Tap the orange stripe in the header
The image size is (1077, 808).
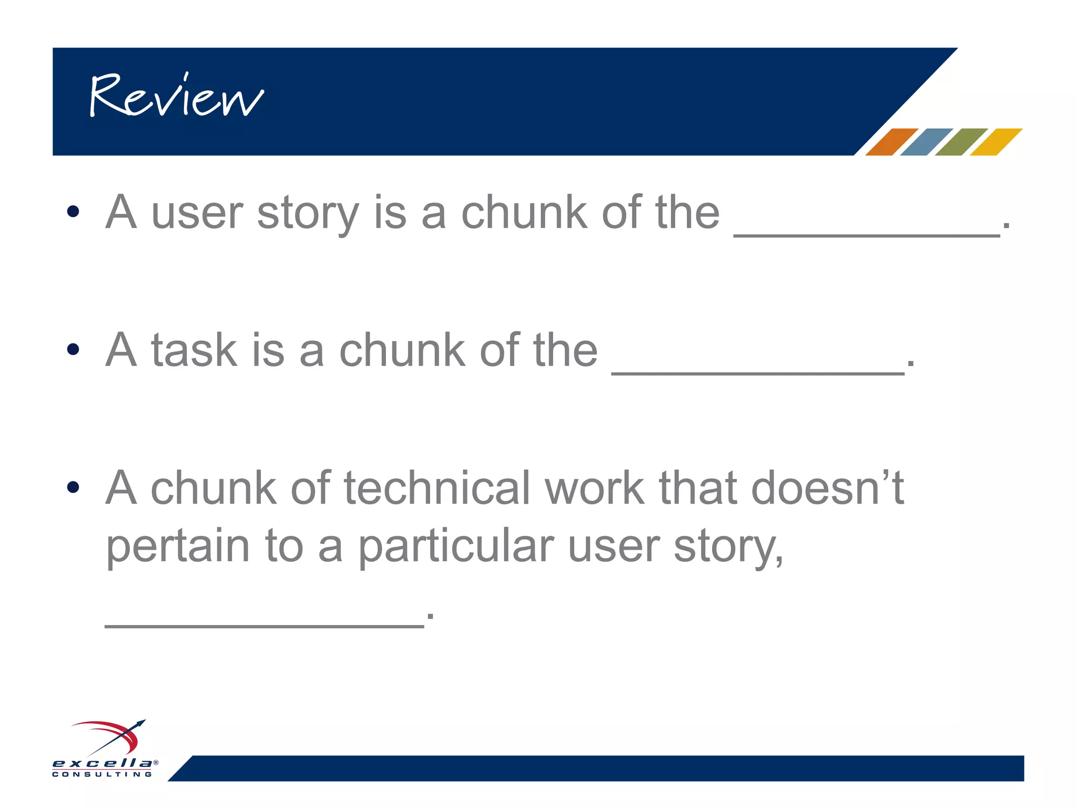[x=891, y=142]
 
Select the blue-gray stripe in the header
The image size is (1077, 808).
[x=926, y=142]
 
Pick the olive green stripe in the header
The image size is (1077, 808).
[x=961, y=142]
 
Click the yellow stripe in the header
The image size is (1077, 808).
[x=995, y=142]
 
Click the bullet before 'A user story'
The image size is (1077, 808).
[x=73, y=211]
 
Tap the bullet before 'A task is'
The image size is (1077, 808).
[x=73, y=349]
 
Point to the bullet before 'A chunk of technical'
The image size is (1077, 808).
[x=73, y=487]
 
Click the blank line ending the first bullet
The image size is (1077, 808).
[x=867, y=235]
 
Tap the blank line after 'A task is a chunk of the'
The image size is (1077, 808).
[x=758, y=372]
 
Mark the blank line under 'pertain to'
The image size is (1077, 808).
[x=265, y=625]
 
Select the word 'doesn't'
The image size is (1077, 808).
[x=827, y=488]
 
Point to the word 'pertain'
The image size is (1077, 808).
[x=178, y=547]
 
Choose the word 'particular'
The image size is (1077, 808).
[x=456, y=547]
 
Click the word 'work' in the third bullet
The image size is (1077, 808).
[x=594, y=488]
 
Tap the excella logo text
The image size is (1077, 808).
[x=103, y=763]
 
